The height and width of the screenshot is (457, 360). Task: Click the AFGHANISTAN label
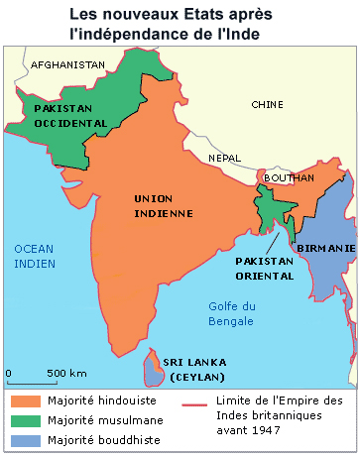(68, 64)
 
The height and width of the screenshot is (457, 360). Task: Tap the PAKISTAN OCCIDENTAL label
(69, 115)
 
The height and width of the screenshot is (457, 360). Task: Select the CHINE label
(267, 104)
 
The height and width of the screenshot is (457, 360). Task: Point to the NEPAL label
(224, 158)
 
